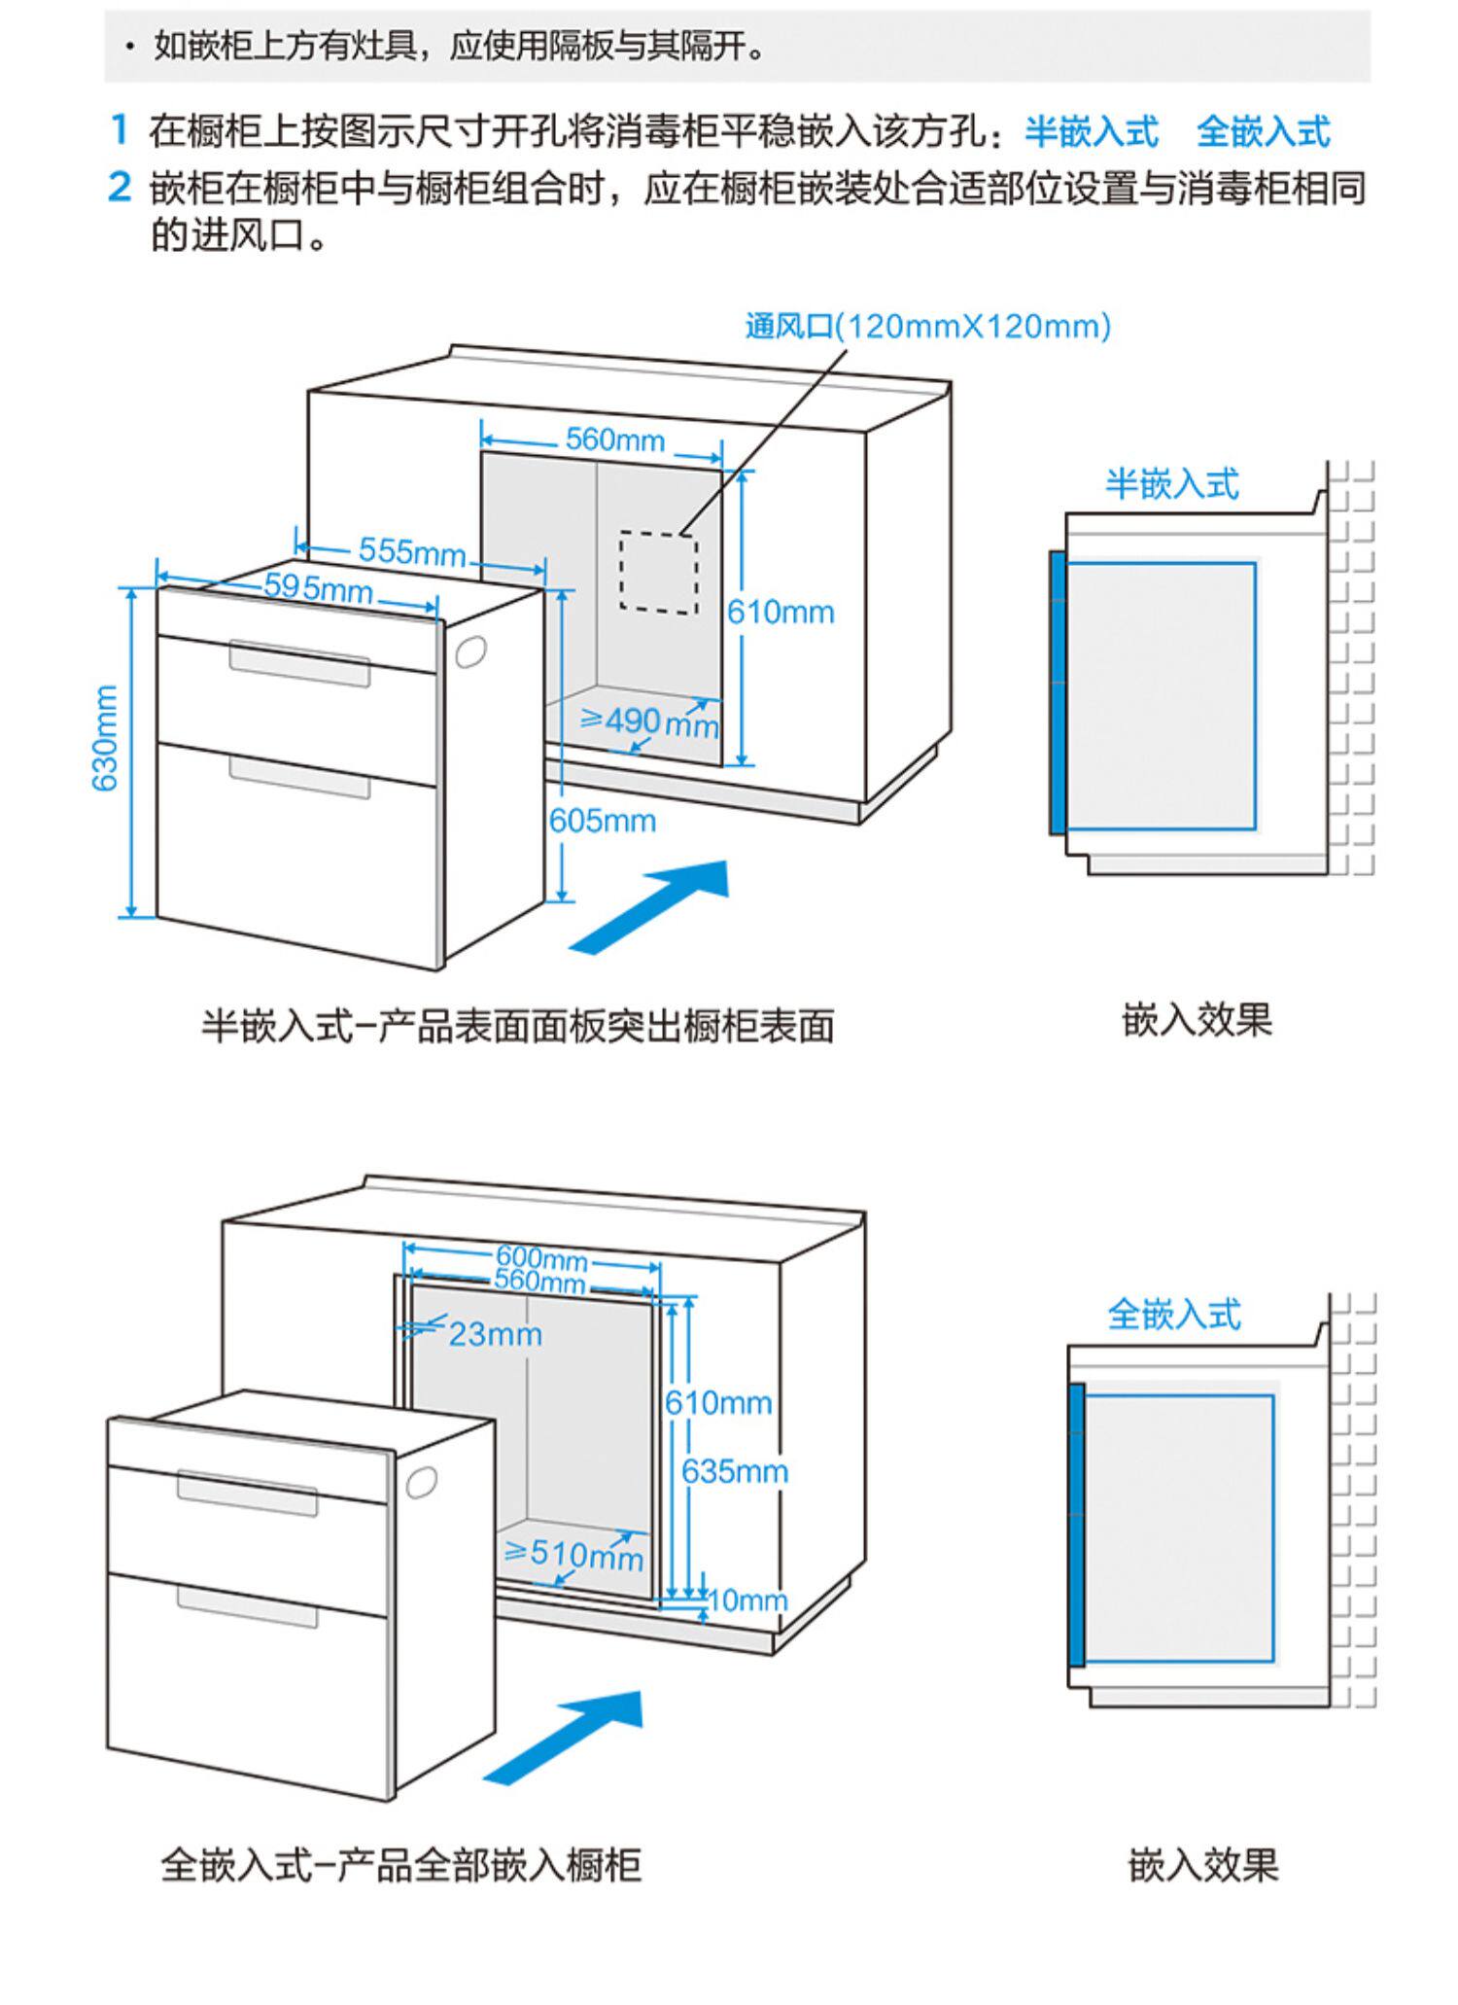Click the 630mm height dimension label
click(105, 738)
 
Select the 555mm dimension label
click(412, 551)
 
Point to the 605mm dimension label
click(603, 821)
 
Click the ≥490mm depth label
click(649, 721)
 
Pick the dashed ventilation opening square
click(659, 572)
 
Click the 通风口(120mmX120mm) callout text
click(927, 326)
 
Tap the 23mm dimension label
click(495, 1334)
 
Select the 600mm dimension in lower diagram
click(541, 1258)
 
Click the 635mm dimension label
click(734, 1471)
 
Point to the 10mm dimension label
click(746, 1600)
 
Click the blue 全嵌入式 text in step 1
click(1263, 131)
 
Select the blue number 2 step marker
click(120, 187)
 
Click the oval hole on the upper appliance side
click(470, 652)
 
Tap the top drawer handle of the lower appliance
click(247, 1493)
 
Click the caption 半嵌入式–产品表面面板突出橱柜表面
click(517, 1026)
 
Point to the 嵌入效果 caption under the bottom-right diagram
click(1203, 1865)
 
